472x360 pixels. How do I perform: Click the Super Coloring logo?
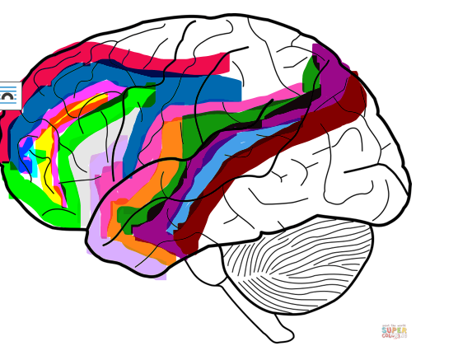pyautogui.click(x=394, y=331)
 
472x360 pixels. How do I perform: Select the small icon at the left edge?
pyautogui.click(x=7, y=96)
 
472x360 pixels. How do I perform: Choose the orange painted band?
pyautogui.click(x=169, y=157)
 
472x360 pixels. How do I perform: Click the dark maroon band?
pyautogui.click(x=272, y=152)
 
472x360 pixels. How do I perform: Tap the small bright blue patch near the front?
pyautogui.click(x=26, y=152)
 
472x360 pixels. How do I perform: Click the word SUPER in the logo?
pyautogui.click(x=394, y=329)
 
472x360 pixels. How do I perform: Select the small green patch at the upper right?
pyautogui.click(x=311, y=76)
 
